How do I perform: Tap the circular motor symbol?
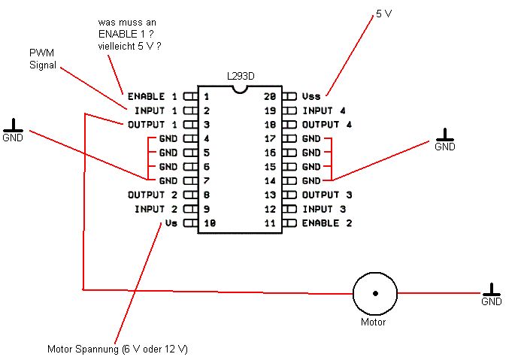pos(374,292)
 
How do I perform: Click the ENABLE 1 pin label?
pos(152,97)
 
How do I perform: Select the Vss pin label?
pos(311,97)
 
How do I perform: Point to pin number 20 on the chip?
pos(270,97)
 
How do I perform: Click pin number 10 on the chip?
pos(210,223)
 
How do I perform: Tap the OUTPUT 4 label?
pos(326,124)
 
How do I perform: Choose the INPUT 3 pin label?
pos(324,209)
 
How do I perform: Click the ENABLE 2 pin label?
pos(326,223)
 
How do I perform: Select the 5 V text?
pos(383,14)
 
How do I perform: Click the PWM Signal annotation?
pos(43,59)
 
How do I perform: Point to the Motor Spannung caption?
pos(117,349)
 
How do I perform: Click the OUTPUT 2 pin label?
pos(152,195)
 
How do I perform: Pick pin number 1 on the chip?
pos(206,97)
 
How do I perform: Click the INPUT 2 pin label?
pos(156,209)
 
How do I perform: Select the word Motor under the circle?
pos(374,322)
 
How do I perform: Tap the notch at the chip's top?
pos(239,89)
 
